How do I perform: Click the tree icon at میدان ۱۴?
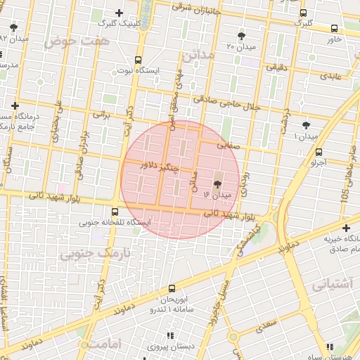point(216,182)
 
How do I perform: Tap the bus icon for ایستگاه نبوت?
point(138,60)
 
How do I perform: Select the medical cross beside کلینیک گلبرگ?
point(120,13)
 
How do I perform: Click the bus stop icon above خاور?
point(333,29)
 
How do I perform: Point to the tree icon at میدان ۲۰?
point(242,35)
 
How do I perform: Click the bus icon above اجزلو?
point(319,152)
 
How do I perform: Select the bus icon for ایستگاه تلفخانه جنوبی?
point(115,212)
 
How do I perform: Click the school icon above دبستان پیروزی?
point(169,336)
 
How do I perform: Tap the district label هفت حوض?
point(68,42)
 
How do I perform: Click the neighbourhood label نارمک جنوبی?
point(89,252)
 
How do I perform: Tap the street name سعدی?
point(266,326)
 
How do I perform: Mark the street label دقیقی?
point(275,67)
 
